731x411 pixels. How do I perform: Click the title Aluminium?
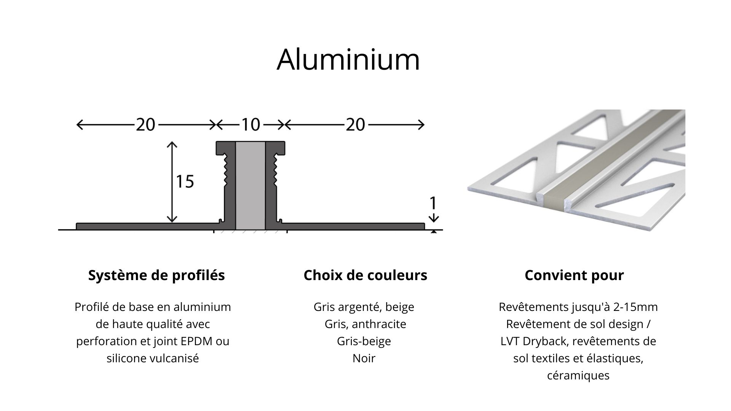tap(348, 59)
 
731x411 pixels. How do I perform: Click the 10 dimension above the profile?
tap(251, 124)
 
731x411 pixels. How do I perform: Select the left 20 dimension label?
tap(145, 124)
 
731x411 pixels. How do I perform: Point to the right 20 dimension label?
tap(356, 124)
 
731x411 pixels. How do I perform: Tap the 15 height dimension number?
tap(185, 182)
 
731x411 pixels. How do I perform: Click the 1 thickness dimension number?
tap(433, 204)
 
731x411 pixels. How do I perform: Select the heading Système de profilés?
tap(156, 275)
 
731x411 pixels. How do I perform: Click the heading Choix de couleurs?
tap(365, 275)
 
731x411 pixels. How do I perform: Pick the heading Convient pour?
tap(574, 275)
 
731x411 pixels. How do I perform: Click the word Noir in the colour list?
tap(364, 358)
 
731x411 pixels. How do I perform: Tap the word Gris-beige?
tap(364, 341)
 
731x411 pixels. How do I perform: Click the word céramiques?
tap(578, 375)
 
